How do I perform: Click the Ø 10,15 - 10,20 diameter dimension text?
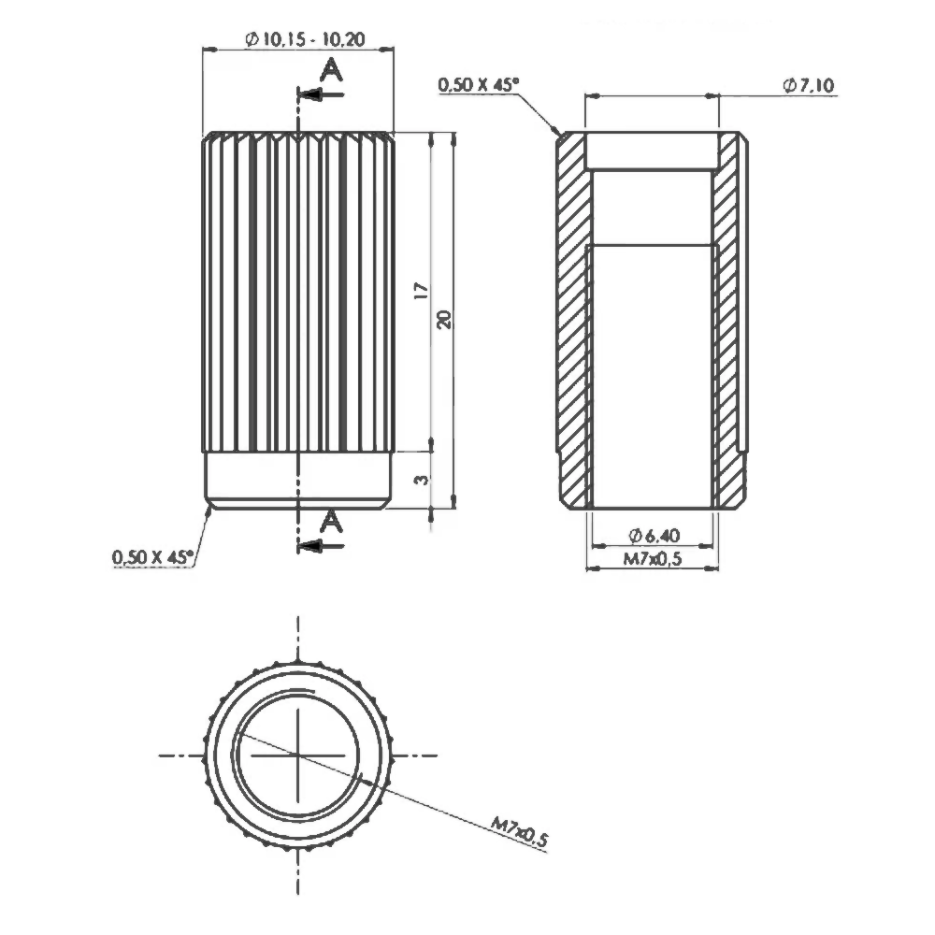(x=305, y=39)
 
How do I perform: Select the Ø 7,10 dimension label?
(x=809, y=85)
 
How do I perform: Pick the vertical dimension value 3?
(x=422, y=480)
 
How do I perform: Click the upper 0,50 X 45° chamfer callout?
(x=477, y=85)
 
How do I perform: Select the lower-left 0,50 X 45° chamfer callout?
(x=152, y=557)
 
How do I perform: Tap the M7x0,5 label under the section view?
(x=653, y=559)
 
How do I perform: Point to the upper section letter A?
(x=331, y=69)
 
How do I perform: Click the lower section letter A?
(x=331, y=523)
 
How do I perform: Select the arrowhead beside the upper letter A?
(x=310, y=94)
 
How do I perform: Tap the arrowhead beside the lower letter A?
(x=310, y=546)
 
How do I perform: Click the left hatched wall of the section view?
(x=573, y=318)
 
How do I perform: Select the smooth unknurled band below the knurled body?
(x=297, y=479)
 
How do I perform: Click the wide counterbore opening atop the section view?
(x=652, y=151)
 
